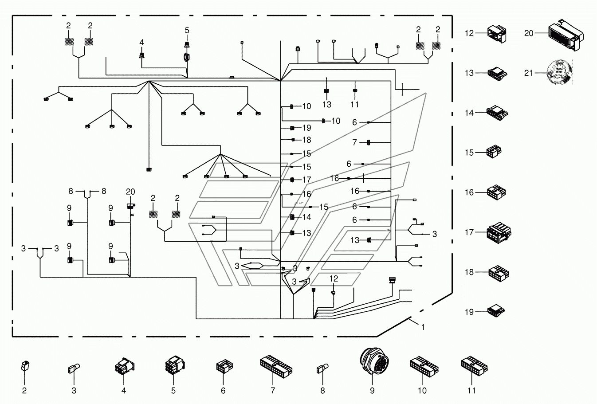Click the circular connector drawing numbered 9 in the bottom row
click(374, 361)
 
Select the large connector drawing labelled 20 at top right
click(566, 35)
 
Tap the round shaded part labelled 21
click(559, 72)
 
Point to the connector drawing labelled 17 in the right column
click(499, 233)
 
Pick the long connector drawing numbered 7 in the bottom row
click(276, 366)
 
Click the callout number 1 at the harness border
click(423, 327)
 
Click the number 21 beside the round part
click(529, 73)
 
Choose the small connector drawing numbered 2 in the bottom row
click(25, 366)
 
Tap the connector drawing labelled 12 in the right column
click(497, 34)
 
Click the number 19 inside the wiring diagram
click(307, 128)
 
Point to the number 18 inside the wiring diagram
click(307, 140)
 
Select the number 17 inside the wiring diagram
click(307, 180)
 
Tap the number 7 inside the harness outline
click(354, 142)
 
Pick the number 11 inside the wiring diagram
click(354, 105)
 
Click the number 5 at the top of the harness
click(187, 31)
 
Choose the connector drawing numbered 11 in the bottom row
click(475, 366)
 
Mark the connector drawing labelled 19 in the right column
click(496, 311)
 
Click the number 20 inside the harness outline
click(130, 192)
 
